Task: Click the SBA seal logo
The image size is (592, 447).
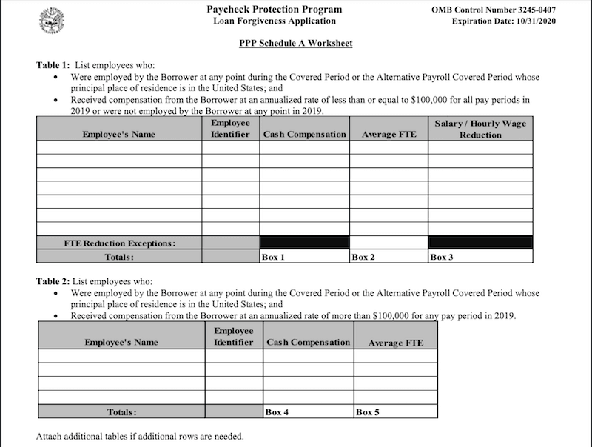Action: click(x=53, y=18)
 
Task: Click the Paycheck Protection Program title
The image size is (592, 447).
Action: click(x=275, y=10)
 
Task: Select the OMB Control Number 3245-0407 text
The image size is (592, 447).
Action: click(x=493, y=10)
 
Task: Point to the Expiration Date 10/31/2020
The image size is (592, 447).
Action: click(x=503, y=21)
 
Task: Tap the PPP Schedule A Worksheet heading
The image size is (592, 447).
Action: click(x=295, y=43)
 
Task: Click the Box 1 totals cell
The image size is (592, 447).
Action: click(x=304, y=257)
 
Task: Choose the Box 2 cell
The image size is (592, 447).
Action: click(x=388, y=257)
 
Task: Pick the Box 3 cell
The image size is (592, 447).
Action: click(x=480, y=257)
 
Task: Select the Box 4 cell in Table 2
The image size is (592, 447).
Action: click(x=308, y=412)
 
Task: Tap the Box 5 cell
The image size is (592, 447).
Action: click(x=395, y=412)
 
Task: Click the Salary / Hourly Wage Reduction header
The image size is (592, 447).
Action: click(x=480, y=129)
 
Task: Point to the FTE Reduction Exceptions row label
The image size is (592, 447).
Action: click(x=119, y=243)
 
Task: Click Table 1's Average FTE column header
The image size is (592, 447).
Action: click(x=388, y=135)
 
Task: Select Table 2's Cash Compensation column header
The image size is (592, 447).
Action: click(x=308, y=343)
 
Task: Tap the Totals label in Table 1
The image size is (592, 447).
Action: click(x=119, y=257)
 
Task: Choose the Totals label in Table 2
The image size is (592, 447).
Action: click(x=121, y=412)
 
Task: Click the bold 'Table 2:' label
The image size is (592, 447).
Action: click(x=53, y=282)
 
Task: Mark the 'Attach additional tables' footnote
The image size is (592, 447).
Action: click(x=141, y=436)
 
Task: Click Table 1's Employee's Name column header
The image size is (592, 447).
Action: click(x=119, y=135)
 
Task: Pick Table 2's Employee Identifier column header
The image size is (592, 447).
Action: click(x=234, y=337)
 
